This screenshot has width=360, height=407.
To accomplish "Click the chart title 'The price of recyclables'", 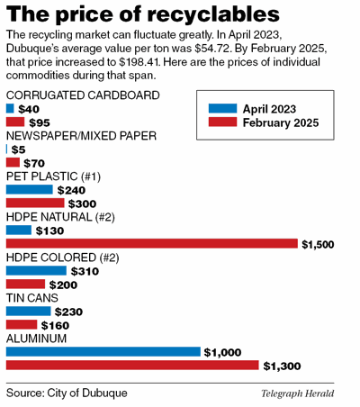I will pos(142,14).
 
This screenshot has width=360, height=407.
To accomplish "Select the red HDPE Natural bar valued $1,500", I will pos(151,243).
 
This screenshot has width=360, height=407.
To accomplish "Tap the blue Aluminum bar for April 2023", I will pos(103,352).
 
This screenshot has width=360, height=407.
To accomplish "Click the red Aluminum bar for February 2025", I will pos(131,366).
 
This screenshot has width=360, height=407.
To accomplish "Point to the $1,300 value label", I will pos(283,366).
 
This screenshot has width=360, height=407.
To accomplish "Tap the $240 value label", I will pos(71,190).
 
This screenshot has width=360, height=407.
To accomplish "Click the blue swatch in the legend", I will pos(222,108).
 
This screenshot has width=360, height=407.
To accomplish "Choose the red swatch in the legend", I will pos(222,122).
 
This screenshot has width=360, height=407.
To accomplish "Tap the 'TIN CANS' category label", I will pos(32,297).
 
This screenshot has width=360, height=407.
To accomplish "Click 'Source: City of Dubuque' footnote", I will pos(67,393).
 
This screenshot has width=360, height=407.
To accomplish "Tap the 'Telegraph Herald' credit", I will pos(298,393).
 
